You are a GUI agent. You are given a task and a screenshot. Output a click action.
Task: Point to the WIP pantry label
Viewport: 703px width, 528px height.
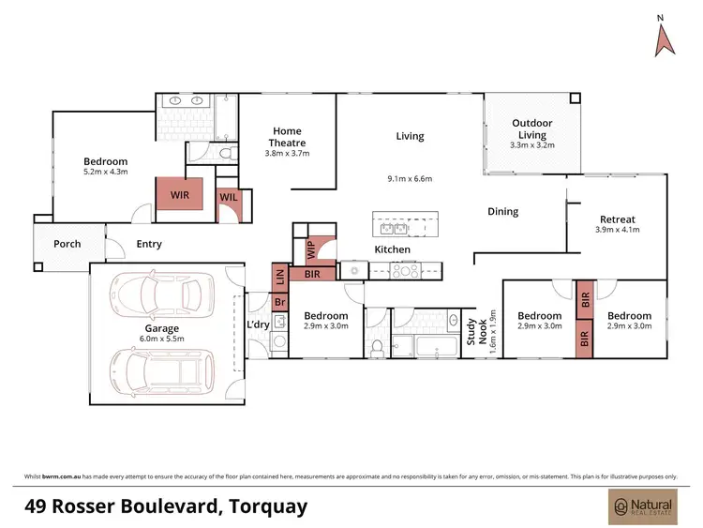310,250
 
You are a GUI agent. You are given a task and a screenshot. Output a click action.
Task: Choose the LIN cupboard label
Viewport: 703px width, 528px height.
279,276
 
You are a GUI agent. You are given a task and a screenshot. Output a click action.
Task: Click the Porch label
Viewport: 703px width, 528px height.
67,244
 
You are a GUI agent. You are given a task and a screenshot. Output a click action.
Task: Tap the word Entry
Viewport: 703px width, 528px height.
149,244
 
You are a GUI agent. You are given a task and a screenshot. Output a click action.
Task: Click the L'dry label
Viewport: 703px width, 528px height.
258,324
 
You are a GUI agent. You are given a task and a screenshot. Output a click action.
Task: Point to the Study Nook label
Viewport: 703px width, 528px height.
477,332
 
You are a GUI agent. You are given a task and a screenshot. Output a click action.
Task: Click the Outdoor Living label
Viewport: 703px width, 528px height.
531,129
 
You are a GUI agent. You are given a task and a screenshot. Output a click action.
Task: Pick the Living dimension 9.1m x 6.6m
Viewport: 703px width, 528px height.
410,179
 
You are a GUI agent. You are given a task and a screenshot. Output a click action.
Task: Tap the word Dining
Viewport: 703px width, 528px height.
503,212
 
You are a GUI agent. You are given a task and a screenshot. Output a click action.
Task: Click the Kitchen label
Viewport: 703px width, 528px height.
393,250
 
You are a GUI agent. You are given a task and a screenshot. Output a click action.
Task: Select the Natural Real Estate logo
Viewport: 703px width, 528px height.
641,507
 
